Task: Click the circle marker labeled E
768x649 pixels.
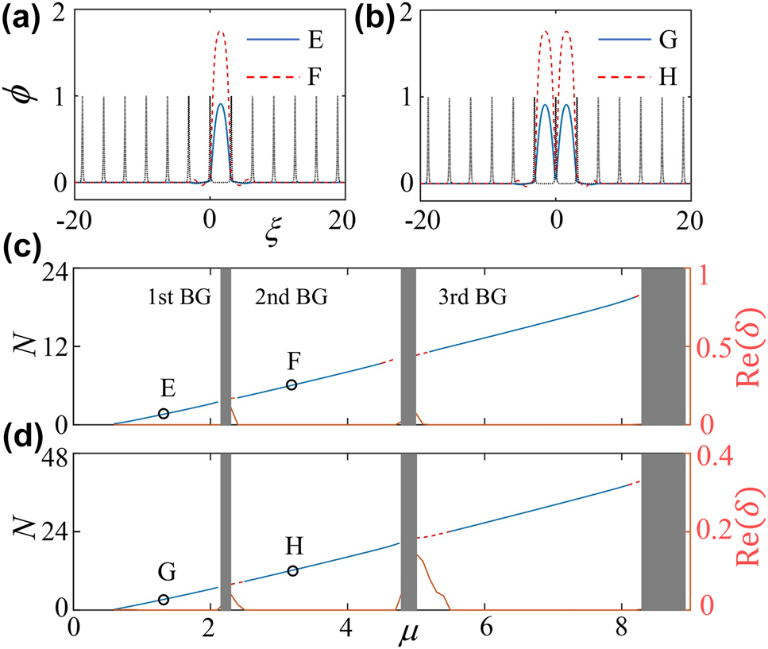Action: click(x=164, y=413)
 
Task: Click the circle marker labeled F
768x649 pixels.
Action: click(x=291, y=384)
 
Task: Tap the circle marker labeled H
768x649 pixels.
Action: click(x=292, y=570)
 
